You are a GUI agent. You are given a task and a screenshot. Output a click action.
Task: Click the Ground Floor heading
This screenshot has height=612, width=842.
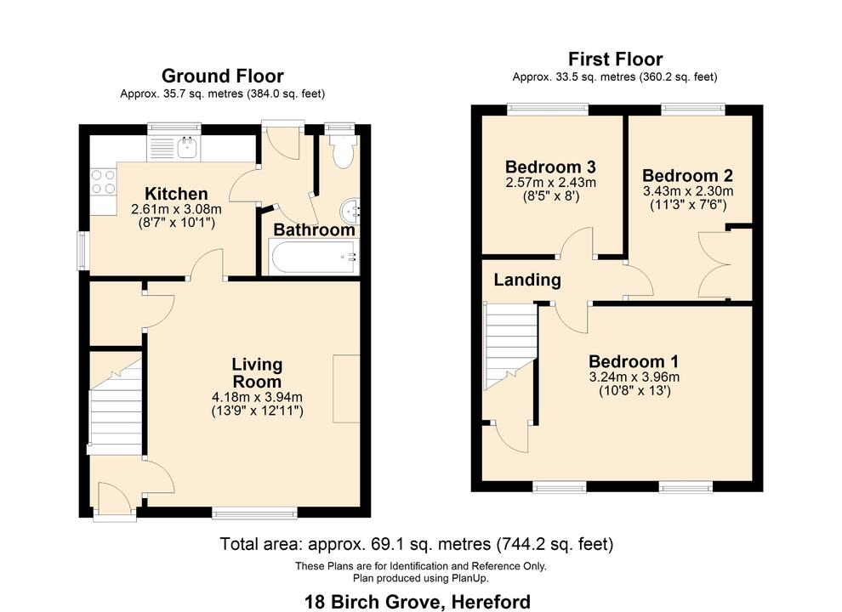(222, 76)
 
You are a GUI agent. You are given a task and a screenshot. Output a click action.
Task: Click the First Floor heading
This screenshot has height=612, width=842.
(615, 59)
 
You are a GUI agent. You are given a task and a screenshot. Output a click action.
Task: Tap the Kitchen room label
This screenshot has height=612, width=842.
(176, 194)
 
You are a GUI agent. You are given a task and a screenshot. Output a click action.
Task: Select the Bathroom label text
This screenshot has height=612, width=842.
(314, 230)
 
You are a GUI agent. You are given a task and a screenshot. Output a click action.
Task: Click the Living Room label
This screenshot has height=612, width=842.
(257, 373)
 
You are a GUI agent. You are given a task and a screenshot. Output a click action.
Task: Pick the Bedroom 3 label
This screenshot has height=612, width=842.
(550, 167)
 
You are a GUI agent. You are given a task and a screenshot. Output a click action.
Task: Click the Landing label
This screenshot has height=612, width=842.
(527, 280)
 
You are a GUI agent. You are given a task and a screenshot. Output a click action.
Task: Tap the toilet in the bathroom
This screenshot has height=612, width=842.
(343, 152)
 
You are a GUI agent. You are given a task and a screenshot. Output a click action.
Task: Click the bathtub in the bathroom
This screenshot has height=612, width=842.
(314, 257)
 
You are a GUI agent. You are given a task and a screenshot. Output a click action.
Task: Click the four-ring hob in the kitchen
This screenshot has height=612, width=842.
(104, 181)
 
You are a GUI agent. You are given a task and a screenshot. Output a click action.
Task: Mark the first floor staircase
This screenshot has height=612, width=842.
(509, 343)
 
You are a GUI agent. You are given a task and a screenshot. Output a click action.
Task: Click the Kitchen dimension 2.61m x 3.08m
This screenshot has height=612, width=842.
(176, 209)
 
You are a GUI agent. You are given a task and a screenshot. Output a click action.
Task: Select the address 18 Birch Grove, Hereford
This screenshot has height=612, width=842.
(418, 602)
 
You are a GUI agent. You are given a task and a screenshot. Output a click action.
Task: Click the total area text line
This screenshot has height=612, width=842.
(417, 544)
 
